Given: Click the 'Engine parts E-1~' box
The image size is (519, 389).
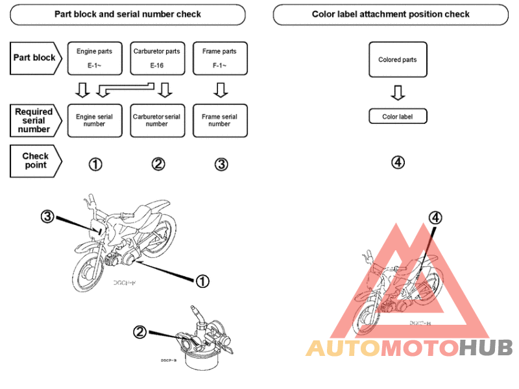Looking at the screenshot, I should point(94,58).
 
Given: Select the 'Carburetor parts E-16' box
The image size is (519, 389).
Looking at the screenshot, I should point(157,58).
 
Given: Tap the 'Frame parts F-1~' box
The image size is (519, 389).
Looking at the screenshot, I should point(220,58).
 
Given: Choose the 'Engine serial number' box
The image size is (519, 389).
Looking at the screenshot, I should point(94,120).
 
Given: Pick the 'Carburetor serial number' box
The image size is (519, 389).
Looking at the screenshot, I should point(157,120).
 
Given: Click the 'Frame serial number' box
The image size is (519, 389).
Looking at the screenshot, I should point(220,120).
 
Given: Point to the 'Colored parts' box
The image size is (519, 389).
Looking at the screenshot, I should point(398,60).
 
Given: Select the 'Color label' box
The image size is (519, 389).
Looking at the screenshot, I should point(398,117).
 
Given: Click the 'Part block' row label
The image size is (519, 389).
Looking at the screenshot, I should point(35,58).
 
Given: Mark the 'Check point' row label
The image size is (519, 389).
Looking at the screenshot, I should point(36,160).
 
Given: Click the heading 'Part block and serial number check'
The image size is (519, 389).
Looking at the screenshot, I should point(127,14).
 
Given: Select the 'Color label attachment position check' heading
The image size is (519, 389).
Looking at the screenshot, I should point(391,14).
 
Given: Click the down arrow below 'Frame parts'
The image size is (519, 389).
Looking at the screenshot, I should point(220,89).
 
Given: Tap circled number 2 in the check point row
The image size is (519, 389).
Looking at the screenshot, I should point(158,164).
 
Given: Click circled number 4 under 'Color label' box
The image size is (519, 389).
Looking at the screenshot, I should point(398,162).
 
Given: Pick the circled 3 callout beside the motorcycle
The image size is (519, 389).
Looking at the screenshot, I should point(46,217).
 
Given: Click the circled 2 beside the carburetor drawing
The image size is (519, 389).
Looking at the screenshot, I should point(139,332).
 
